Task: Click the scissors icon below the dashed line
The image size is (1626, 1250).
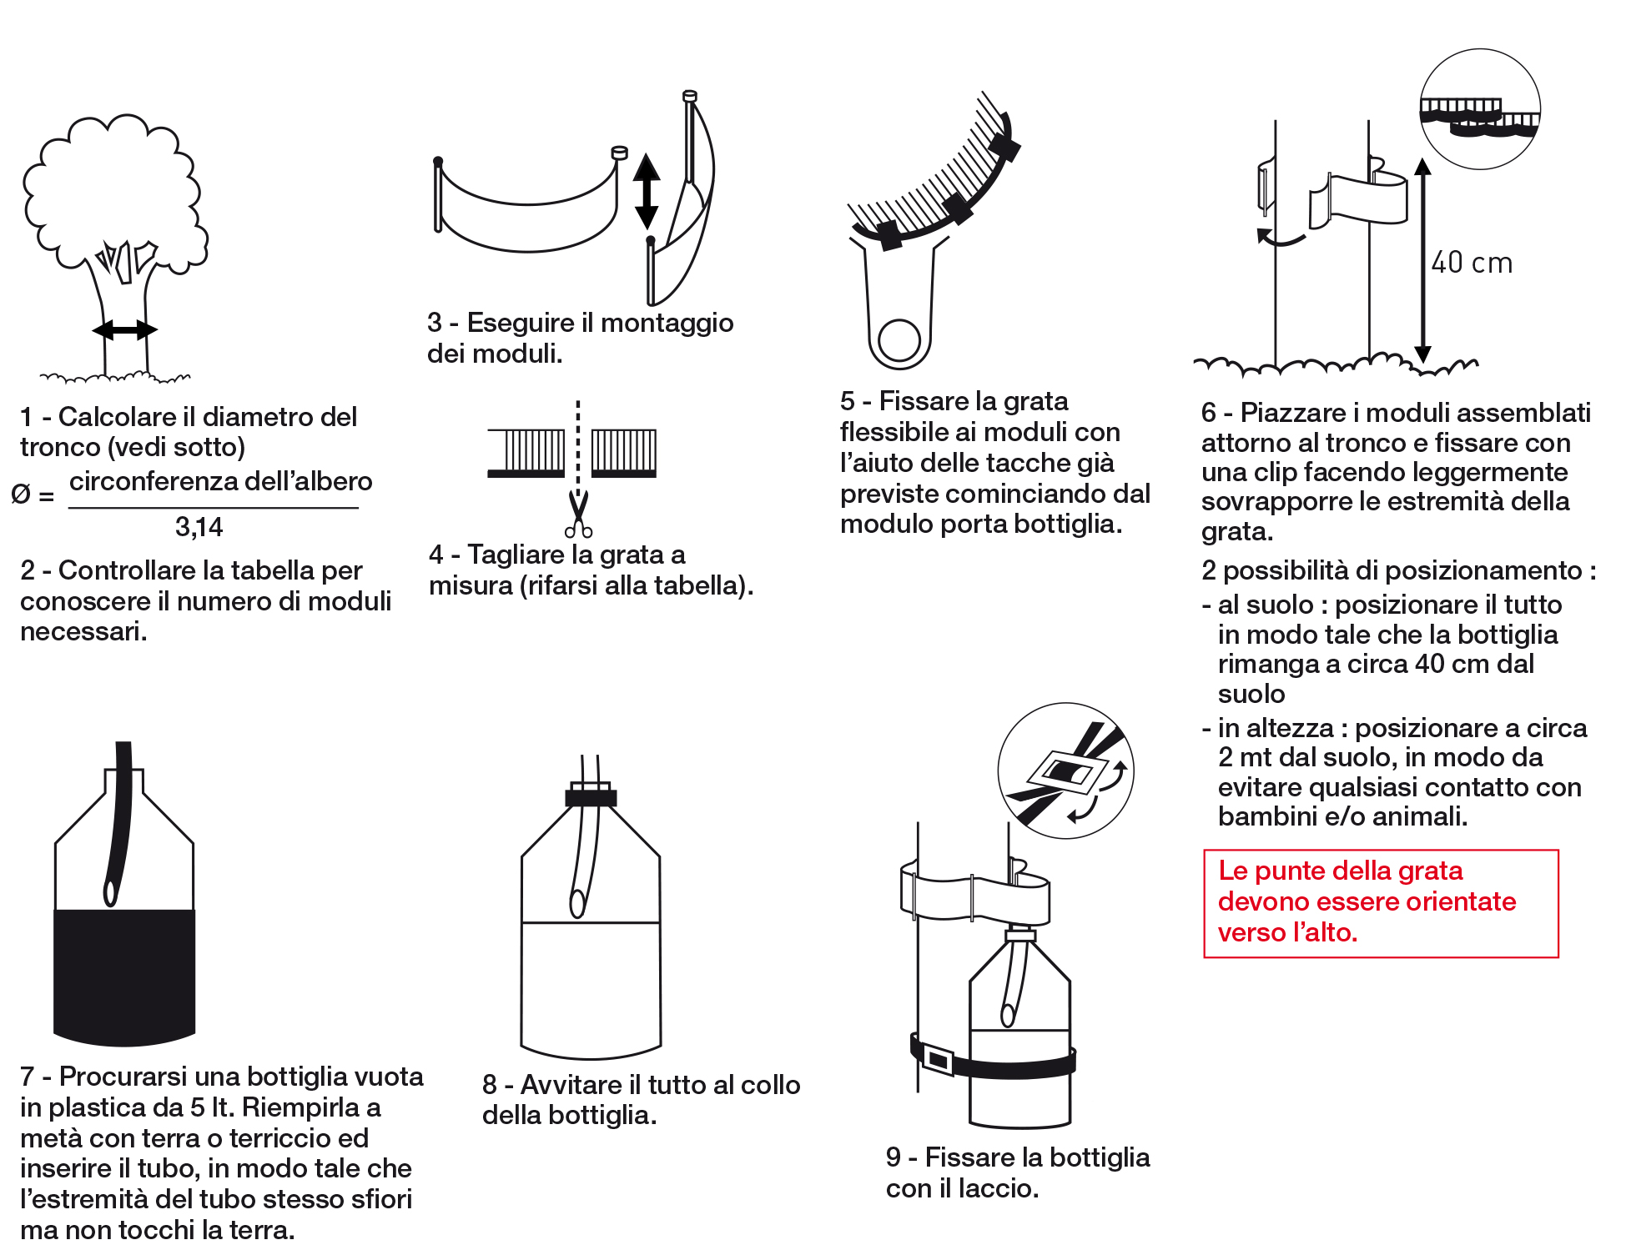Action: [578, 515]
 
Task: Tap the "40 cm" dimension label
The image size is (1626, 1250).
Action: [1472, 264]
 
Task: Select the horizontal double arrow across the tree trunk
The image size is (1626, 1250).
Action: [124, 330]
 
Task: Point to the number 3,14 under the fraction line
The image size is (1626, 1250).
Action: [199, 527]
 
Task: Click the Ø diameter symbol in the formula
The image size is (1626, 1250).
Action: [21, 494]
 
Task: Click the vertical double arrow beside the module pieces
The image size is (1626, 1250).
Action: [646, 192]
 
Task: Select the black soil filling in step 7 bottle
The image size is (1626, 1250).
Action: [124, 976]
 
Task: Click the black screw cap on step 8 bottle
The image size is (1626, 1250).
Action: [591, 797]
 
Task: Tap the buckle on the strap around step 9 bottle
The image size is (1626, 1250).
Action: [938, 1060]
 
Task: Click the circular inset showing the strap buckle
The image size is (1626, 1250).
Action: [1065, 771]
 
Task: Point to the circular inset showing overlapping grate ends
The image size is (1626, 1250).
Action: [1480, 109]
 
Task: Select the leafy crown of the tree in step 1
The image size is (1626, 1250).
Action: [113, 192]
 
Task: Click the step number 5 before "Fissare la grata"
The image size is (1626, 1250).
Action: [848, 401]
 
